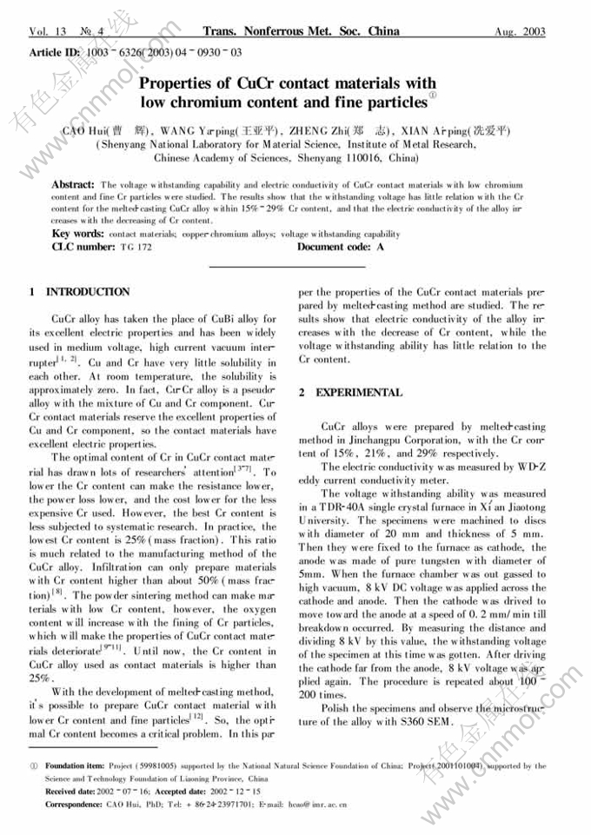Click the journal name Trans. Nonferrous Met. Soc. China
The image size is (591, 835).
tap(301, 31)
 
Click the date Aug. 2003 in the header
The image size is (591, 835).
tap(520, 32)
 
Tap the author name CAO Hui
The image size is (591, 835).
tap(83, 131)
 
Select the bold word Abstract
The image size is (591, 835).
tap(73, 185)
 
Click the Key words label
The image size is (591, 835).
tap(78, 234)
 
